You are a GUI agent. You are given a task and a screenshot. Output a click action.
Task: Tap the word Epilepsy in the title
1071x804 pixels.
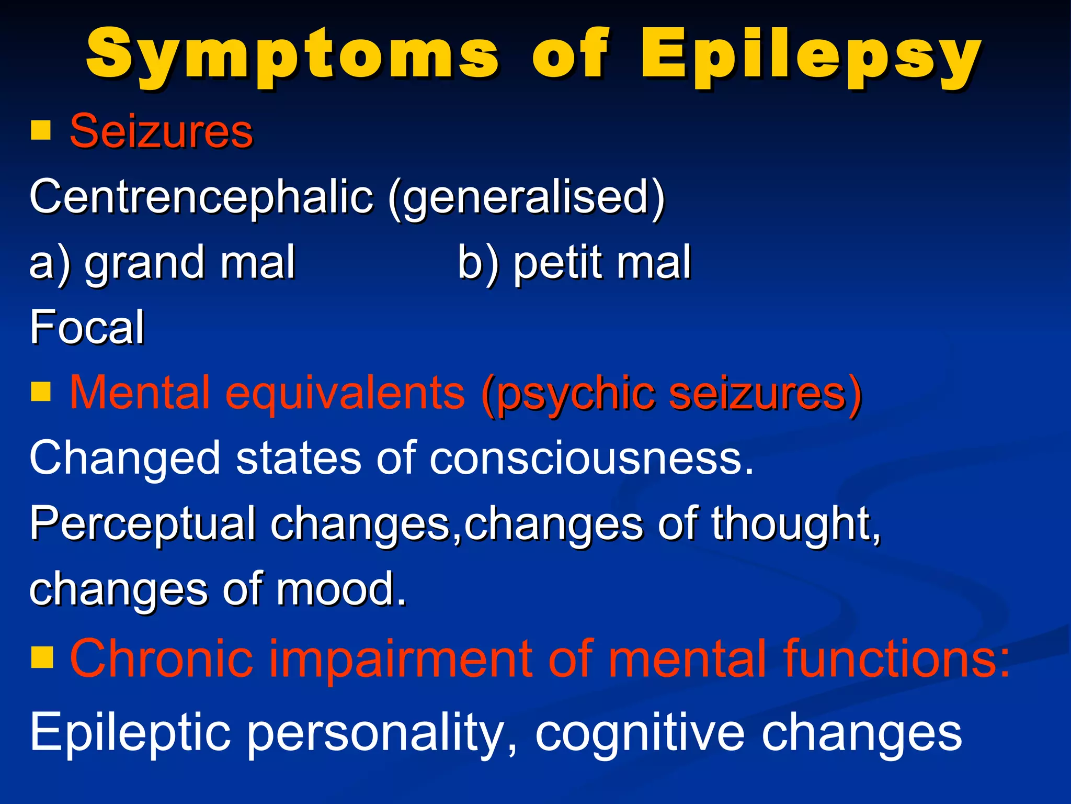811,57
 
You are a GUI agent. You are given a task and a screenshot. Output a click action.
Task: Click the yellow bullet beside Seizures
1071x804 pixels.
41,131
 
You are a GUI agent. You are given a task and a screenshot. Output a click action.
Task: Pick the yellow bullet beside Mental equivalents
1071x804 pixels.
41,391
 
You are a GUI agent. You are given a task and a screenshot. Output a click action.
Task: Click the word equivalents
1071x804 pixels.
345,393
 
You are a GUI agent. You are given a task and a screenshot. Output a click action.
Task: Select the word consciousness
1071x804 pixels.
591,458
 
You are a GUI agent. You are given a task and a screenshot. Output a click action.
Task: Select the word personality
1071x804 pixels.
382,733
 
